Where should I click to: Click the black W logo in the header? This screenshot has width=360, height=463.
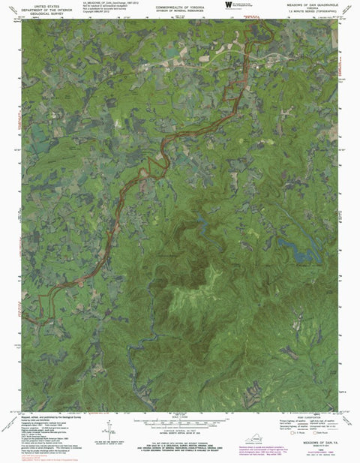tap(228, 5)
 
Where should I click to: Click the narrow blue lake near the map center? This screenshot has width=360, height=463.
tap(201, 223)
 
